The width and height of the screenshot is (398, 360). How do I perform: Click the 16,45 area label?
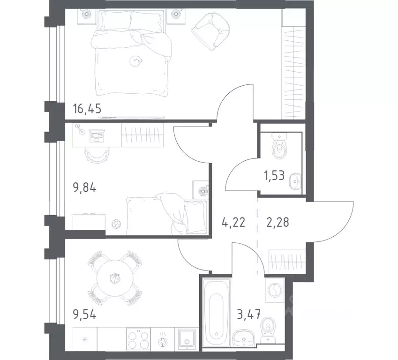point(87,109)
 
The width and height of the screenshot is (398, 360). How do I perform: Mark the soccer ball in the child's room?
point(115,225)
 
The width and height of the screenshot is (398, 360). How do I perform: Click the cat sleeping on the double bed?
point(136,60)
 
